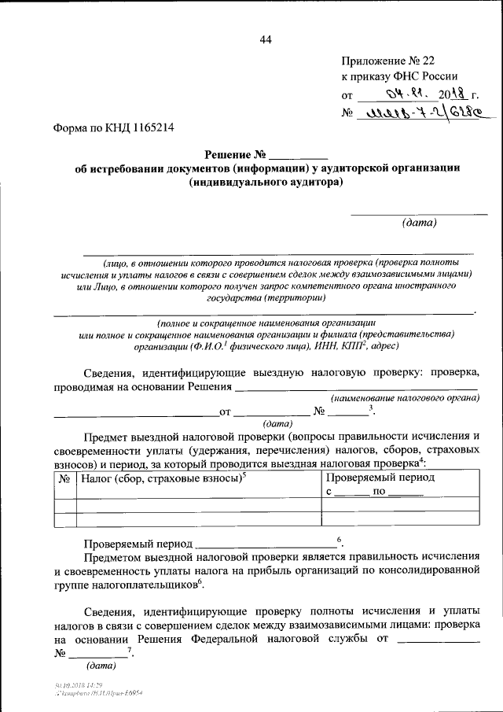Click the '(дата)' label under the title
[x=419, y=223]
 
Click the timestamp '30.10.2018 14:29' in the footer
[x=75, y=687]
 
